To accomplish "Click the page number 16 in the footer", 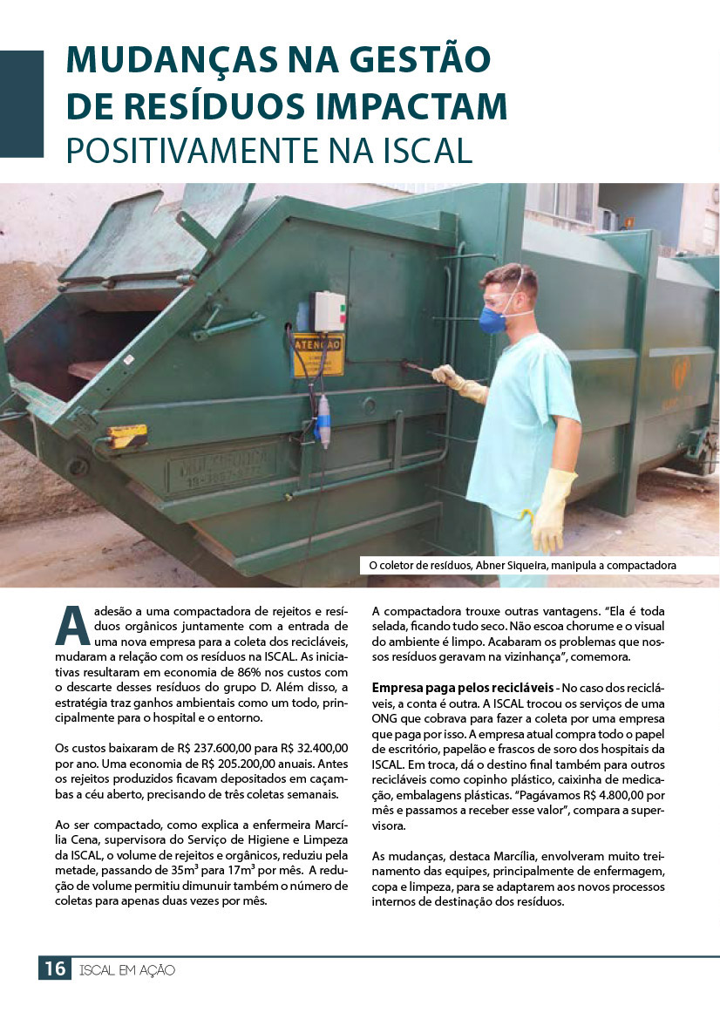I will tap(54, 968).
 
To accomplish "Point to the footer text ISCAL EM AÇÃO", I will tap(127, 969).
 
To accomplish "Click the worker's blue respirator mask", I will tap(493, 319).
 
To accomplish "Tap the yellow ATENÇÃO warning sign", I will tap(316, 355).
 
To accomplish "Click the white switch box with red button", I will tap(329, 311).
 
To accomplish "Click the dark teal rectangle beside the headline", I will tap(21, 103).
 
